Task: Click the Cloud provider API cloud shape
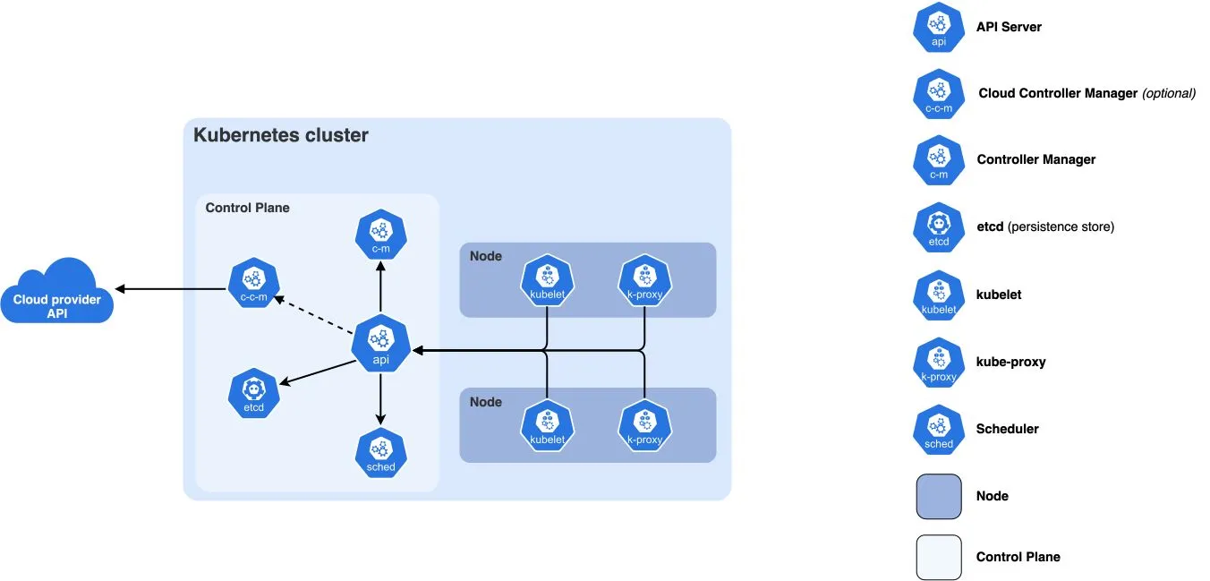(x=57, y=294)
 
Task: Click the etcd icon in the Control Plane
(x=254, y=393)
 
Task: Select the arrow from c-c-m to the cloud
(x=170, y=289)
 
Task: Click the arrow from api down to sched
(x=381, y=398)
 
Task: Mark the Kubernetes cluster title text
(x=281, y=136)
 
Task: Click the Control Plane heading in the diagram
(x=247, y=208)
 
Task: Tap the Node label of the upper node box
(x=485, y=256)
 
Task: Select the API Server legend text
(x=1009, y=27)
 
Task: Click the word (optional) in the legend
(x=1169, y=93)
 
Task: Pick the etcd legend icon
(x=938, y=227)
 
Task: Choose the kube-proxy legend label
(x=1010, y=362)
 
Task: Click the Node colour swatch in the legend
(x=938, y=496)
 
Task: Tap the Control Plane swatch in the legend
(x=938, y=557)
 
